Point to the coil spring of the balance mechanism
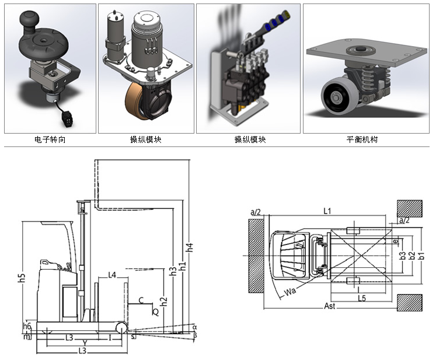365,78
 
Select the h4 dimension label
190,248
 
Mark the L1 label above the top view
327,211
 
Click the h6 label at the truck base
26,326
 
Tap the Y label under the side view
85,342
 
